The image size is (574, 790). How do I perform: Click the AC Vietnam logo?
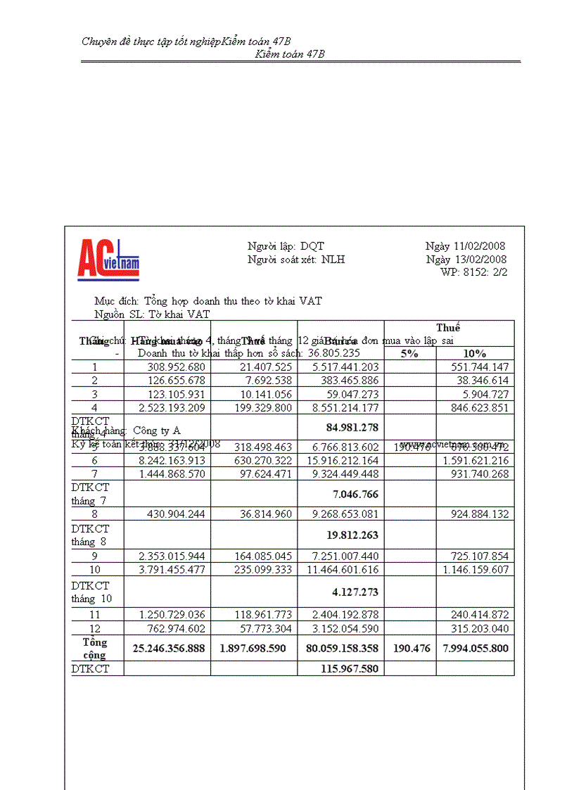108,260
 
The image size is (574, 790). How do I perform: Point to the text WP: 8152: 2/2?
473,272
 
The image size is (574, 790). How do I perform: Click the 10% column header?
475,353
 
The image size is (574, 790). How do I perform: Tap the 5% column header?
409,353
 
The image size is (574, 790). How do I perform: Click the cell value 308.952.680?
176,367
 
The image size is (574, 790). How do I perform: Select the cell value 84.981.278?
352,427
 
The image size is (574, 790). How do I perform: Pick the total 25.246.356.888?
167,649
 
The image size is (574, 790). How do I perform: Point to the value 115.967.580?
350,669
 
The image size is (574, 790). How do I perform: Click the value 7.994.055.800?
475,649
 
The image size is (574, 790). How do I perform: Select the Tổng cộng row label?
95,649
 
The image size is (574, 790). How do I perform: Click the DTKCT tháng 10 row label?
91,592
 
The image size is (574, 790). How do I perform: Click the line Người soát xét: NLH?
296,260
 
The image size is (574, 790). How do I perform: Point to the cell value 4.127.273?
355,592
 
